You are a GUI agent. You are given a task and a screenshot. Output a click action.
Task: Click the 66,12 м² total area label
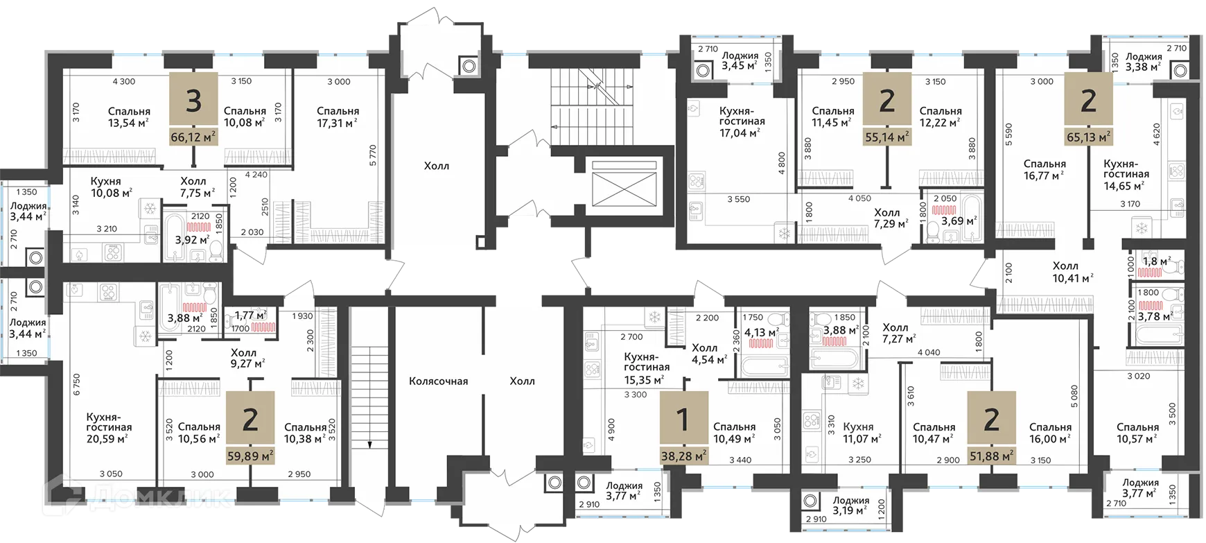pos(194,137)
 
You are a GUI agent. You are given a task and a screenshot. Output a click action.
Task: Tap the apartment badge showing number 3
pos(194,101)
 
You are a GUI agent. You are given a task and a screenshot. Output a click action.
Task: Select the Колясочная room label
pos(438,381)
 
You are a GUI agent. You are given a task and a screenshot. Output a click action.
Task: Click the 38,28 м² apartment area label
pos(683,456)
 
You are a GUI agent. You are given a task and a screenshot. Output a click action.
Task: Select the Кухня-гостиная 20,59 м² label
pos(109,428)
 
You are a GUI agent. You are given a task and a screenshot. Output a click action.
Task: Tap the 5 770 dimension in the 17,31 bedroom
pos(373,155)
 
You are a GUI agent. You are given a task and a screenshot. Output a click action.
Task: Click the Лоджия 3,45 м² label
pos(740,61)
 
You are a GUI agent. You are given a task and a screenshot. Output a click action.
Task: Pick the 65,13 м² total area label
pos(1088,137)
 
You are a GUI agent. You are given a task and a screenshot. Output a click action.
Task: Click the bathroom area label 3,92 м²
pos(192,240)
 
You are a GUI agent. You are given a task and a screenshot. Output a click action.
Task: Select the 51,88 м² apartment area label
pos(992,456)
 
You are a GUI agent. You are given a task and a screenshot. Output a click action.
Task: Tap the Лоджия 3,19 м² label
pos(850,506)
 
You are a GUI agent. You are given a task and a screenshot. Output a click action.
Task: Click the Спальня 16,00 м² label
pos(1049,433)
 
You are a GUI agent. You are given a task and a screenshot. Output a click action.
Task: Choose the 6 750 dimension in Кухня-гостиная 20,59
pos(76,384)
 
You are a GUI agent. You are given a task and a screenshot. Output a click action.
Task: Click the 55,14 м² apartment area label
pos(886,137)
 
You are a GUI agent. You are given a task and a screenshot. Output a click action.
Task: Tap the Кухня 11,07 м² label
pos(862,433)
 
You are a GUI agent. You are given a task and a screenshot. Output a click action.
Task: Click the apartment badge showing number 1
pos(683,419)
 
